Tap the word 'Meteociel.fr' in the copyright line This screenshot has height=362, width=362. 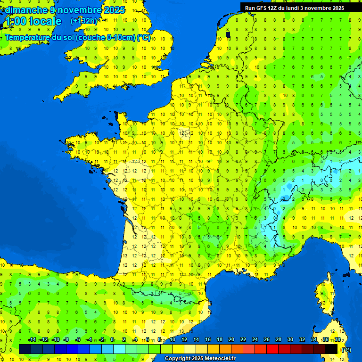coord(220,359)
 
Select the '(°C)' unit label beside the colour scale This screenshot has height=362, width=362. coord(346,349)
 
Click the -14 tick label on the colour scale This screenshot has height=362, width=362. coord(32,340)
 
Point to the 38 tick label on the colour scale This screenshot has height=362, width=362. coord(337,340)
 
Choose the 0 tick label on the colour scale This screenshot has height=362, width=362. coord(112,340)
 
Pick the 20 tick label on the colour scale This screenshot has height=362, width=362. coord(231,340)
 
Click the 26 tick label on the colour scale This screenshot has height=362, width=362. coord(267,340)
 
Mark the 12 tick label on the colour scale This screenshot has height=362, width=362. coord(184,340)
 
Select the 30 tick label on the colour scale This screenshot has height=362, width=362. coord(290,340)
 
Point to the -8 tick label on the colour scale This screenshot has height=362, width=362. coord(66,340)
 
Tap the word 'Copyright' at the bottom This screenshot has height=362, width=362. coord(177,359)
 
